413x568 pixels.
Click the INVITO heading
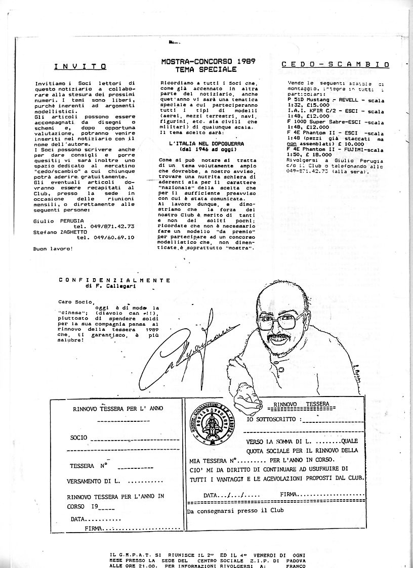(80, 66)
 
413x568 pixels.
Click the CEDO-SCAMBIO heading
(335, 65)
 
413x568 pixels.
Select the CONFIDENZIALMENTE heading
(114, 279)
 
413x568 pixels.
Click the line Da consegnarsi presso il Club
(235, 511)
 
